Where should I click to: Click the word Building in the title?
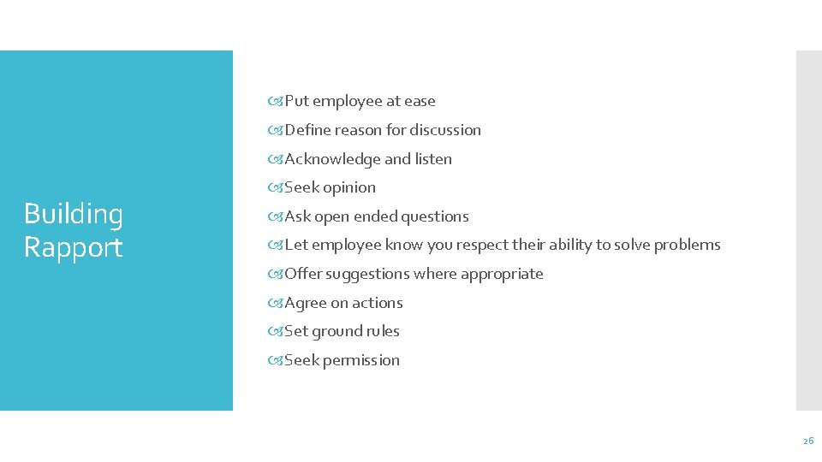coord(74,215)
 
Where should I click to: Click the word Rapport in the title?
coord(74,247)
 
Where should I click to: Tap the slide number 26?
coord(807,441)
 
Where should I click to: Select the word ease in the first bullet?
coord(420,101)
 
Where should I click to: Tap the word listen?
coord(433,159)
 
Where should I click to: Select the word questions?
coord(435,216)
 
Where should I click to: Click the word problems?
coord(688,245)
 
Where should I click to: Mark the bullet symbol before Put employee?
coord(275,101)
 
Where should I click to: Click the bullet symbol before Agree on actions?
coord(275,303)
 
